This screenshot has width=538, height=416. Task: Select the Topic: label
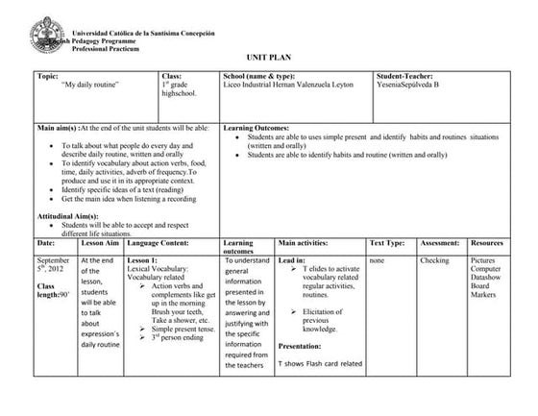(x=47, y=75)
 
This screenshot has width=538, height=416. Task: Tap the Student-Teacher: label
(x=406, y=75)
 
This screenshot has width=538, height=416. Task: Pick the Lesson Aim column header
(x=98, y=244)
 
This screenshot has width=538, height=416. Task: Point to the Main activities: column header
(x=305, y=244)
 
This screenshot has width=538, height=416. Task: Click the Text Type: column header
(x=387, y=244)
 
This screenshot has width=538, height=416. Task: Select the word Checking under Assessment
(x=434, y=260)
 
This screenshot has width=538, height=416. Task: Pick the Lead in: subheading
(x=291, y=260)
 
